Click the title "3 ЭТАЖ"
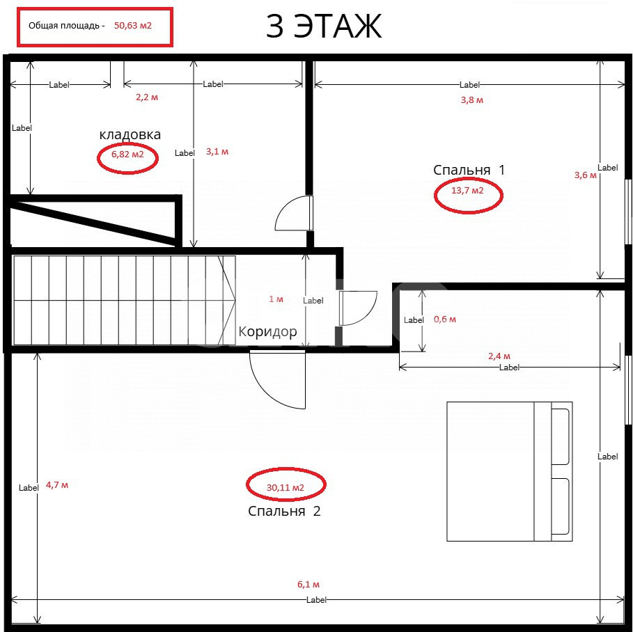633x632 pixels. pos(324,27)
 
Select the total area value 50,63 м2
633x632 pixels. pos(133,26)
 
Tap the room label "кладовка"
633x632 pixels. pos(130,134)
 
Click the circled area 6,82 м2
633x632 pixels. pos(127,155)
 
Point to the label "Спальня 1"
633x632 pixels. pos(469,170)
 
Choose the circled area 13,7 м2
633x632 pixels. pos(468,190)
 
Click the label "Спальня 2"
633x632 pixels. pos(284,511)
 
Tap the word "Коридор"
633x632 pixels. pos(267,332)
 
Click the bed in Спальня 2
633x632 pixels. pos(508,471)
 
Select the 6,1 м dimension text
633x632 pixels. pos(308,585)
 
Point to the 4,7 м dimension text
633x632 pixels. pos(57,484)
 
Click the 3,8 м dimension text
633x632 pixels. pos(472,100)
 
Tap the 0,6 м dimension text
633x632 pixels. pos(445,319)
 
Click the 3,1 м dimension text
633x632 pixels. pos(217,151)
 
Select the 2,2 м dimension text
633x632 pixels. pos(146,97)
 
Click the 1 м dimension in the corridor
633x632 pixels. pos(276,299)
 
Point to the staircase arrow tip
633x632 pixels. pos(234,300)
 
